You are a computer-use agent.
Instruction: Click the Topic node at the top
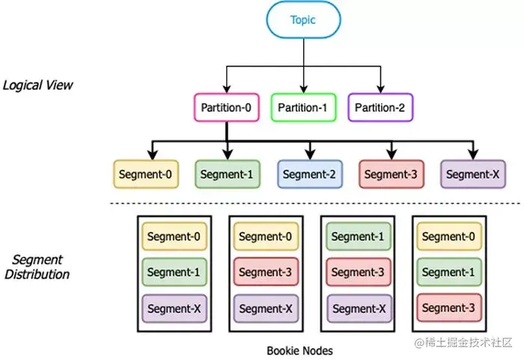click(304, 20)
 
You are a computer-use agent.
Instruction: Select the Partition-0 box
click(226, 108)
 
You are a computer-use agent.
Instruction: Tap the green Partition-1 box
click(302, 108)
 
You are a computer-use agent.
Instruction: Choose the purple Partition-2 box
click(380, 108)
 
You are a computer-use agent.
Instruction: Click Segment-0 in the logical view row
click(145, 174)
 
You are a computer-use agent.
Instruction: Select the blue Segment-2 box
click(310, 174)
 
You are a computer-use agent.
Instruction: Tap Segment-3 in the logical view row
click(391, 174)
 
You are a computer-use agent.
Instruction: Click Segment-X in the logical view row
click(473, 174)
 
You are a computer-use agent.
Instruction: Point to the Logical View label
click(38, 85)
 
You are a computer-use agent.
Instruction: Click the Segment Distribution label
click(37, 266)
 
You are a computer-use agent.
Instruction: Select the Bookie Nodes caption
click(299, 350)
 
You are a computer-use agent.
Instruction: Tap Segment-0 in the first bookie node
click(174, 237)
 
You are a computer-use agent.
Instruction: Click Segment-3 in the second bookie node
click(266, 272)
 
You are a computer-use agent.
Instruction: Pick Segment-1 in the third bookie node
click(358, 237)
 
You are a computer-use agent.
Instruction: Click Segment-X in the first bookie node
click(174, 308)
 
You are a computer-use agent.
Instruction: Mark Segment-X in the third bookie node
click(358, 308)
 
